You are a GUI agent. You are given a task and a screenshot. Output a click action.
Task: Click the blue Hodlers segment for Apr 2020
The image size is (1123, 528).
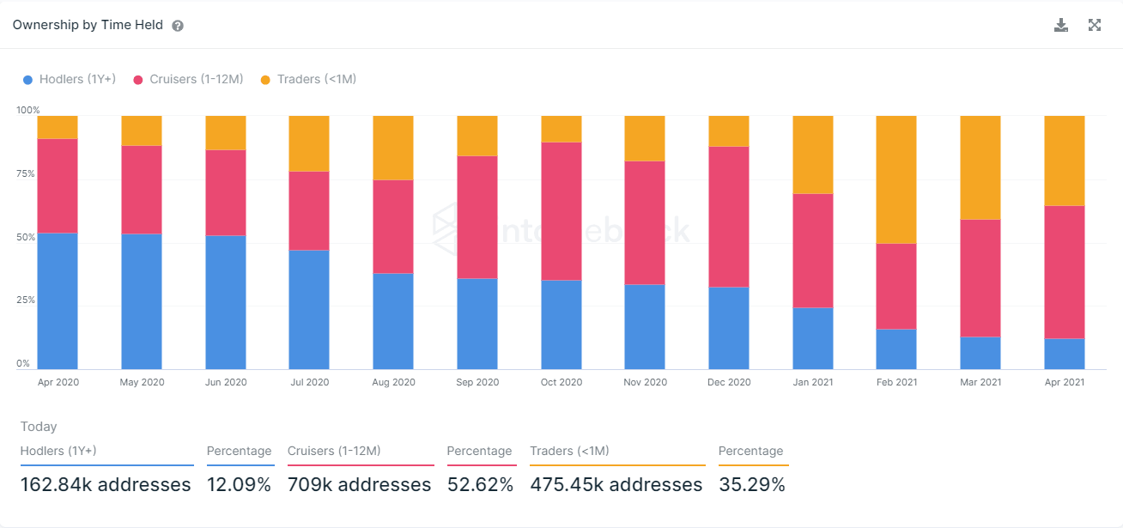tap(58, 300)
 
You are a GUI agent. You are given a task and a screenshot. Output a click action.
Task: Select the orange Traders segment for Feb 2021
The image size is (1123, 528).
tap(896, 179)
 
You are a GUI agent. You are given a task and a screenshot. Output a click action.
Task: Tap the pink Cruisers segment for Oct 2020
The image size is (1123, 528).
tap(561, 211)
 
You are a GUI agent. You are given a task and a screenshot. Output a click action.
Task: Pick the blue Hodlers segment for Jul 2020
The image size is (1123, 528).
tap(309, 309)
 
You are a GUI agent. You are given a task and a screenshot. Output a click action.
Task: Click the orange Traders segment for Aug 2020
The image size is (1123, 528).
tap(393, 148)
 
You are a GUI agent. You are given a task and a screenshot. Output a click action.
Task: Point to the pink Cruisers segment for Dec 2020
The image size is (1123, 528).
tap(729, 216)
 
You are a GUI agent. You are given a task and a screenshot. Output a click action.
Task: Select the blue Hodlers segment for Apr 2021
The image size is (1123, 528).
tap(1065, 354)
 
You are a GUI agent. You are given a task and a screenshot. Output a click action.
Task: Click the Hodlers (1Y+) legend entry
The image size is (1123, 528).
tap(70, 79)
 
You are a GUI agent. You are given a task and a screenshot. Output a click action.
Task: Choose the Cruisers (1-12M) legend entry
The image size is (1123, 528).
tap(188, 79)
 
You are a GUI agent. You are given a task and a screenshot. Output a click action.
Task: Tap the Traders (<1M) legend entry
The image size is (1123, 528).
tap(308, 79)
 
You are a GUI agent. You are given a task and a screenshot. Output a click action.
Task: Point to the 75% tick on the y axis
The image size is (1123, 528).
tap(27, 173)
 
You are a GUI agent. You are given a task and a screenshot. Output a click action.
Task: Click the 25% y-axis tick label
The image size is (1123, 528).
tap(27, 300)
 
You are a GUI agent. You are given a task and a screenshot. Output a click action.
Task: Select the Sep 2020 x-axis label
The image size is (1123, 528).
tap(477, 382)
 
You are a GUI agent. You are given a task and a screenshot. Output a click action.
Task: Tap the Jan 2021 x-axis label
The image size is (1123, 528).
tap(812, 382)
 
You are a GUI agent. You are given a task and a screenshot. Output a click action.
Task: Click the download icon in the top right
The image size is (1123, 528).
tap(1061, 25)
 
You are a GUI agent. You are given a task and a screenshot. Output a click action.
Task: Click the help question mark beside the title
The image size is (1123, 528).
tap(178, 26)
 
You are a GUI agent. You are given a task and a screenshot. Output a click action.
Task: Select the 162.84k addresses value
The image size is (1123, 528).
tap(106, 485)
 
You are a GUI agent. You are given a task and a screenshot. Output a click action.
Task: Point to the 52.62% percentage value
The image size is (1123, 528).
tap(480, 485)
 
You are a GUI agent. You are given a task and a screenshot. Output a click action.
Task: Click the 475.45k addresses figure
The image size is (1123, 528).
tap(616, 485)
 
